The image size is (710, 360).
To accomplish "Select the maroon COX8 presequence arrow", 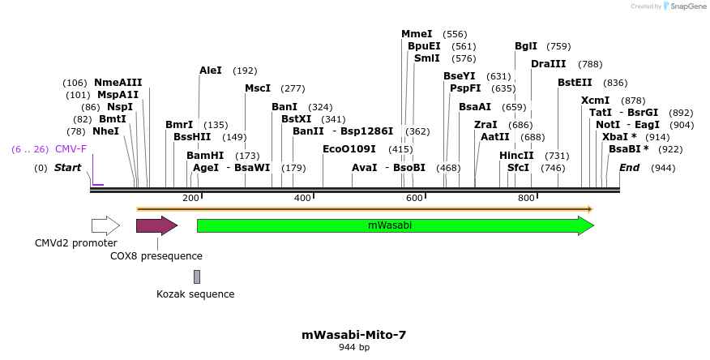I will click(156, 225).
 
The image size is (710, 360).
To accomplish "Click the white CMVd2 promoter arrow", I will click(105, 225).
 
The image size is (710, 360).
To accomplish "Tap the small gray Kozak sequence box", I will click(196, 276).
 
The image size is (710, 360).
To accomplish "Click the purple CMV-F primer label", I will click(71, 149).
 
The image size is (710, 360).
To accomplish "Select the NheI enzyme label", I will click(105, 131).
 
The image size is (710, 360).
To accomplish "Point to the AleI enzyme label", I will click(211, 71).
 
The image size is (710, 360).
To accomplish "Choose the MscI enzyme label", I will click(258, 88).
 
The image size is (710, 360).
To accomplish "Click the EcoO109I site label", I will click(349, 149).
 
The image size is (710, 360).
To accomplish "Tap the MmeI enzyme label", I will click(417, 34).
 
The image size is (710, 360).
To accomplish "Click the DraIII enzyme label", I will click(549, 64).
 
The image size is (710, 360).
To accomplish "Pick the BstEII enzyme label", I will click(575, 83).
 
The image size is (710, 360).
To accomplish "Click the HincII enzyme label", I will click(516, 155).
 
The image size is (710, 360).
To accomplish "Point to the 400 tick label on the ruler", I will click(302, 198).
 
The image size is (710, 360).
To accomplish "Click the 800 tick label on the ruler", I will click(526, 198).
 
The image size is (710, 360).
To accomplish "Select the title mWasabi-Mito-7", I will click(354, 334).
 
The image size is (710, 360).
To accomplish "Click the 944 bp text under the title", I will click(354, 348).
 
